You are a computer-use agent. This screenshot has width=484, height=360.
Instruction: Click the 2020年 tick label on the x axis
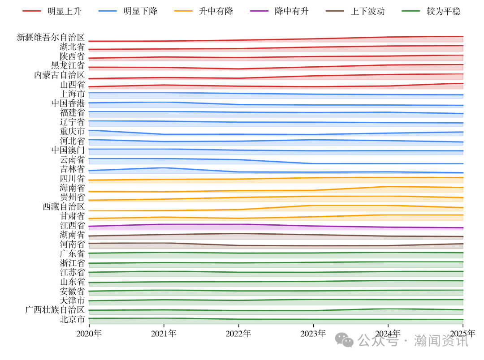click(x=89, y=334)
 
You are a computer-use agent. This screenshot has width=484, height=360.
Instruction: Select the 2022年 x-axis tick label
click(x=238, y=334)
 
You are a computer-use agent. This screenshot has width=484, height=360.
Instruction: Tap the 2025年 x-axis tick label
click(x=462, y=334)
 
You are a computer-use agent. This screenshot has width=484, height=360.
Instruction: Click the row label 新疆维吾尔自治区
click(x=51, y=37)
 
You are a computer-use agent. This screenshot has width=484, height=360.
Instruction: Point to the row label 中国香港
click(x=68, y=103)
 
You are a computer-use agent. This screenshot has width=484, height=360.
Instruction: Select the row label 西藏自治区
click(x=64, y=206)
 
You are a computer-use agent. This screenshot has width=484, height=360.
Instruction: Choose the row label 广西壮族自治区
click(x=55, y=310)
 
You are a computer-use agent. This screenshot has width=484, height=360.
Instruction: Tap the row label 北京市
click(x=72, y=319)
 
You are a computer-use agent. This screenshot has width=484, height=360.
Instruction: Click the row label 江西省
click(x=72, y=225)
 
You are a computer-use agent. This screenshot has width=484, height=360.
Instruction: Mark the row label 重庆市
click(x=72, y=131)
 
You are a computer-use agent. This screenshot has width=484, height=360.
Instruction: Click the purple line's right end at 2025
click(x=462, y=228)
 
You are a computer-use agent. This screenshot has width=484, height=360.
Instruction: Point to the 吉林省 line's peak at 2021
click(x=164, y=167)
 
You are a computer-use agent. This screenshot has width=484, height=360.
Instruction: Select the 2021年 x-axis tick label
click(x=164, y=334)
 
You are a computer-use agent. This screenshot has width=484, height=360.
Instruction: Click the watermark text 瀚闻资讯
click(x=441, y=341)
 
